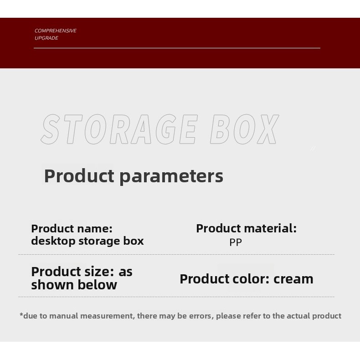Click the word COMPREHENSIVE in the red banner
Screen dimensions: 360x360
(56, 31)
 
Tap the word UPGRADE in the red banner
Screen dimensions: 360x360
(46, 38)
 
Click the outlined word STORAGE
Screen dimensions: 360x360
(119, 129)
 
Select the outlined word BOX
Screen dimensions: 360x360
(245, 129)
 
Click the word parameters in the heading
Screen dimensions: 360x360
(171, 176)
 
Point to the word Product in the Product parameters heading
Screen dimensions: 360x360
(79, 175)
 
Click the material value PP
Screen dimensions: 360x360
(236, 242)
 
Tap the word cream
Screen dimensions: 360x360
(293, 279)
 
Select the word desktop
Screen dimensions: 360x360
(53, 241)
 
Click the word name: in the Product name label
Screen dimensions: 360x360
(95, 229)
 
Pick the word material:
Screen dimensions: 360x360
(270, 228)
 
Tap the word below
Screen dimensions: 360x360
(98, 285)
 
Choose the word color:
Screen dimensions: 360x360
(251, 279)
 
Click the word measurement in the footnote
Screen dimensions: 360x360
(107, 316)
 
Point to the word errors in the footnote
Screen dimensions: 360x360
(201, 316)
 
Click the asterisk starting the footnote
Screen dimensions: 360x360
(21, 314)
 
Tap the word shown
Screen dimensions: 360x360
(53, 285)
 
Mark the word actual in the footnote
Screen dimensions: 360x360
(298, 316)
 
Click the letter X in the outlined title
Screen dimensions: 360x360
(268, 129)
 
